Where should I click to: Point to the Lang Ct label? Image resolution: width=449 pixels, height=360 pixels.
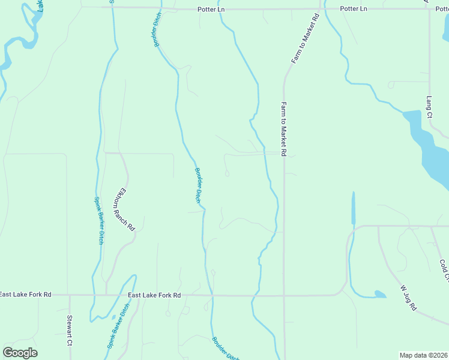pos(429,106)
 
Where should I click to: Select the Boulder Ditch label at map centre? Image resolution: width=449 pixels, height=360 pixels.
pos(198,184)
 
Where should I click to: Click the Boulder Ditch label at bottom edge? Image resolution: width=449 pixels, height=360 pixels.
pos(224,348)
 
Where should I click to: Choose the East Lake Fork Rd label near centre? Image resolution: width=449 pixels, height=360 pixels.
pos(154,295)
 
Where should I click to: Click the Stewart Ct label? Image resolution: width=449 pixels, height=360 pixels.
pos(70,331)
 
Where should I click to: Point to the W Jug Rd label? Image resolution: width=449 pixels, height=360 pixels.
pos(408,298)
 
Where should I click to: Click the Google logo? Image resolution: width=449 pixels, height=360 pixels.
pos(20,353)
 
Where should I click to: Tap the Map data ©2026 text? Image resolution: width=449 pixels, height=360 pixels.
pos(424,355)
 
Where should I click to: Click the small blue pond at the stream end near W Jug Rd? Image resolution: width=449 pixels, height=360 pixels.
pos(379,294)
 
